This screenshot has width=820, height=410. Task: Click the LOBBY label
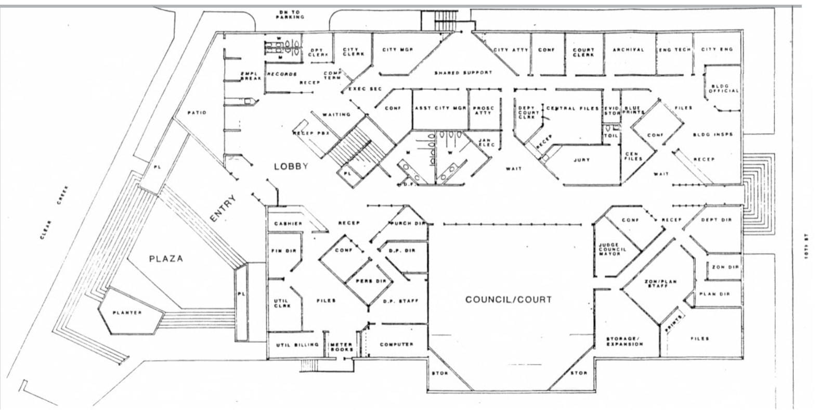click(291, 166)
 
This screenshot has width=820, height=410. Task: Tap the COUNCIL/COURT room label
click(508, 300)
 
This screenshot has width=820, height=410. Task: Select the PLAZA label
click(166, 259)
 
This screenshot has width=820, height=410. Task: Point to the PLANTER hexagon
click(128, 313)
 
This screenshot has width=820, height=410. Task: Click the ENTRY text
click(224, 209)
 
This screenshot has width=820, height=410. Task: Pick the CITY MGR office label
click(398, 50)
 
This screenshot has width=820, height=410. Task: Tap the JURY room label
click(581, 160)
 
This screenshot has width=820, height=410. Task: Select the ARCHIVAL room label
click(628, 50)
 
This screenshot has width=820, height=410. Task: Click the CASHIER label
click(288, 224)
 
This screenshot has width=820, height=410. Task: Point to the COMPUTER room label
click(396, 344)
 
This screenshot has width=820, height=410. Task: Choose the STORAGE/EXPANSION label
click(624, 341)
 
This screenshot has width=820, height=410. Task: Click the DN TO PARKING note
click(290, 15)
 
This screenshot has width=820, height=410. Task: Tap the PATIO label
click(197, 112)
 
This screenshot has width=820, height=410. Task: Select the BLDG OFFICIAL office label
click(723, 88)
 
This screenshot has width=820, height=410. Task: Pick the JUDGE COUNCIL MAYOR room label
click(613, 249)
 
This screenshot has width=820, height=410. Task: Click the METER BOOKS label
click(341, 347)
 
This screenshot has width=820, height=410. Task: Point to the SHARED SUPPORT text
click(463, 73)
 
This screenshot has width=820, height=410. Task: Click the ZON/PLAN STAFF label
click(661, 284)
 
